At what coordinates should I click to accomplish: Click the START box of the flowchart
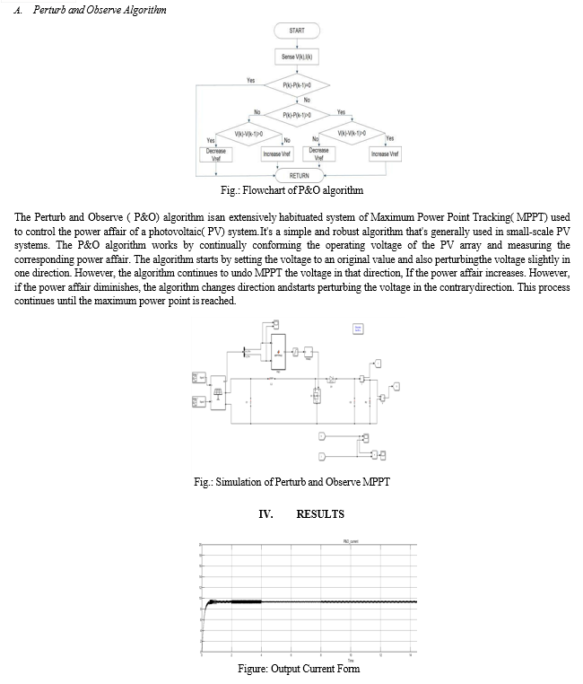pyautogui.click(x=297, y=31)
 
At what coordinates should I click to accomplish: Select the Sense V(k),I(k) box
pyautogui.click(x=297, y=57)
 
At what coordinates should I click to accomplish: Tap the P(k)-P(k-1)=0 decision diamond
pyautogui.click(x=297, y=86)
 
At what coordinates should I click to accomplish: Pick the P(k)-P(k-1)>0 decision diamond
pyautogui.click(x=297, y=115)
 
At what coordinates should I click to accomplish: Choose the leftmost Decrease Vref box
pyautogui.click(x=216, y=154)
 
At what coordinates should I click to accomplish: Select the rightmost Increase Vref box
pyautogui.click(x=385, y=154)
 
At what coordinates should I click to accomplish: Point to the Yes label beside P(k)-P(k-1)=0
pyautogui.click(x=251, y=80)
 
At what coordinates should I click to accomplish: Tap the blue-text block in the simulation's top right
pyautogui.click(x=358, y=330)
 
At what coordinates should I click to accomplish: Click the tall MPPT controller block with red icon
pyautogui.click(x=277, y=353)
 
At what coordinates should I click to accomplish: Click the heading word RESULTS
pyautogui.click(x=320, y=514)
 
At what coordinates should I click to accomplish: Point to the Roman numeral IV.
pyautogui.click(x=265, y=514)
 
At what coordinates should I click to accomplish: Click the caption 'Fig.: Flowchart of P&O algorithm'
pyautogui.click(x=291, y=191)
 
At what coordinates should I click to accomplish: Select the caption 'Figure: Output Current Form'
pyautogui.click(x=291, y=669)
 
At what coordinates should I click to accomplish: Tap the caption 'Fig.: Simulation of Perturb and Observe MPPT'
pyautogui.click(x=291, y=483)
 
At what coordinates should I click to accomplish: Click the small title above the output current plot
pyautogui.click(x=350, y=541)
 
